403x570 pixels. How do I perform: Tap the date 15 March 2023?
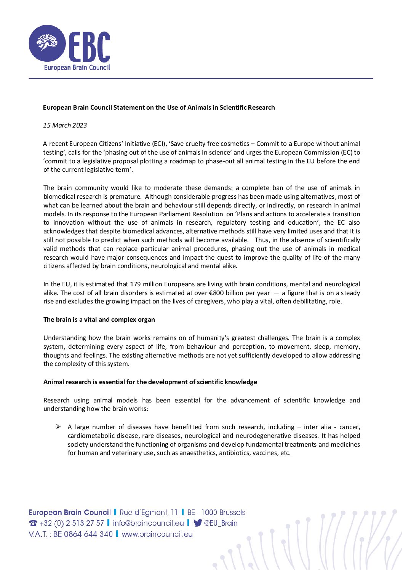tap(65, 125)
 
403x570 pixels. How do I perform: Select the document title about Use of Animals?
tap(159, 107)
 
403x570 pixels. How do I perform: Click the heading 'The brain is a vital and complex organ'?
tap(99, 319)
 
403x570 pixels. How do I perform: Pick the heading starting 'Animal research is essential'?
tap(150, 382)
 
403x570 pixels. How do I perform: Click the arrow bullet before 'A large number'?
tap(58, 427)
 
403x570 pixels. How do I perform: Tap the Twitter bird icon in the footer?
tap(198, 523)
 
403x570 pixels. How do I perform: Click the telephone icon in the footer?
tap(33, 524)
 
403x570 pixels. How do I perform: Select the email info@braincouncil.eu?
tap(148, 523)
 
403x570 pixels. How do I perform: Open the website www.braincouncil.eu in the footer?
tap(157, 534)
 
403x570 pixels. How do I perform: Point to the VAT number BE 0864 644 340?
tap(83, 534)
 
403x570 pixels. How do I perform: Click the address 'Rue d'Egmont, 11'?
tap(149, 513)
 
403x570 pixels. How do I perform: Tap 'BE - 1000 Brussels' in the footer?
tap(216, 513)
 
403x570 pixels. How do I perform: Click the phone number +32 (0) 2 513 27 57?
tap(72, 523)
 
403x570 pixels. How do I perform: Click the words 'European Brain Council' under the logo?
tap(77, 67)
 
